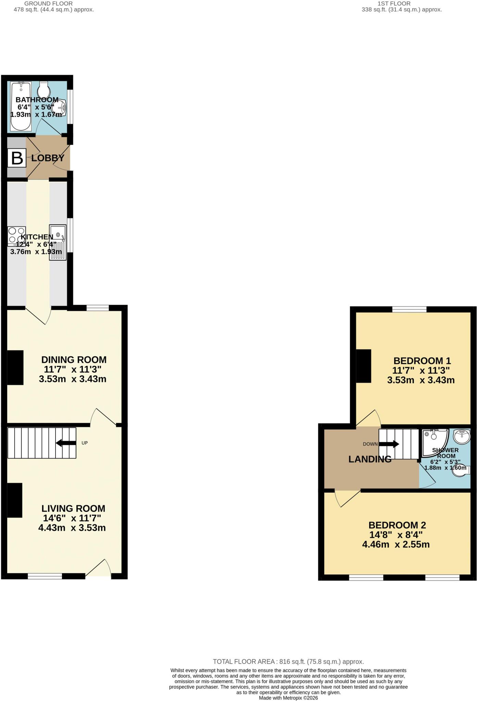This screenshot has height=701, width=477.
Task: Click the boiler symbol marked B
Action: coord(17,158)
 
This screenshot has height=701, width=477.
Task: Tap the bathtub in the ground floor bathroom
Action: coord(21,106)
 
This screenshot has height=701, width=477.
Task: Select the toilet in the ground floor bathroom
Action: coord(43,90)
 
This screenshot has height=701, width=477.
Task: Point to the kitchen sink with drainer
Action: coord(58,242)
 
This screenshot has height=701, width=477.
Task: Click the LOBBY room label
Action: coord(48,158)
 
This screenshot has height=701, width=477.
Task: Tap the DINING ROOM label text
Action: coord(74,360)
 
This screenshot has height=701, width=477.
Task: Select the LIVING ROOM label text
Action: coord(73,508)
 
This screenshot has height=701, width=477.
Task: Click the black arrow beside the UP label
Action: coord(66,443)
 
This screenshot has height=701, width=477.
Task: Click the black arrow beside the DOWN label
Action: coord(389,444)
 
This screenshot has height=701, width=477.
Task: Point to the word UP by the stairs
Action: coord(85,443)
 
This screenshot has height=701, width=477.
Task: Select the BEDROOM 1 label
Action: coord(422,361)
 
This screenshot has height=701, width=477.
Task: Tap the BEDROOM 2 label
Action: coord(397,525)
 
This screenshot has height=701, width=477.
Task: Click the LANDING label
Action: coord(370,459)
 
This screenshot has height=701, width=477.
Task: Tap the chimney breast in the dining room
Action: coord(15,368)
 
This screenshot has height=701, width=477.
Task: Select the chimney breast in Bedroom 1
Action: coord(364,366)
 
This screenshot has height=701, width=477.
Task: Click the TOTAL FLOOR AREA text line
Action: coord(288,662)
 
